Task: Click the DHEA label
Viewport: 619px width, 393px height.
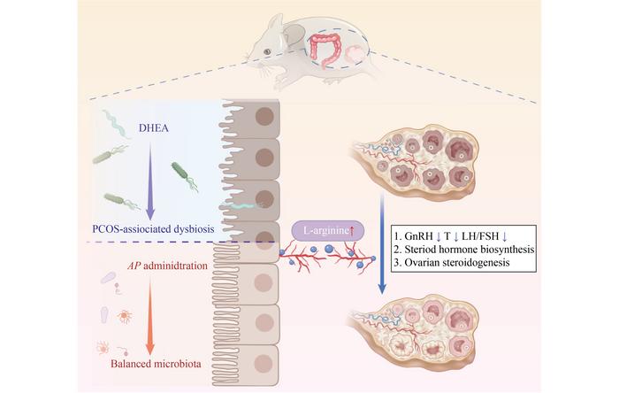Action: pyautogui.click(x=154, y=128)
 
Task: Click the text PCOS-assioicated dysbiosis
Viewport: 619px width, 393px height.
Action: pyautogui.click(x=153, y=228)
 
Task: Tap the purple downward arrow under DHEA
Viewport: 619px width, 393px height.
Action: pyautogui.click(x=150, y=181)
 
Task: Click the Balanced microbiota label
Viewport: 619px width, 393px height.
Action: pyautogui.click(x=156, y=364)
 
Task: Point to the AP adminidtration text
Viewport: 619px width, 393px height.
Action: pyautogui.click(x=167, y=266)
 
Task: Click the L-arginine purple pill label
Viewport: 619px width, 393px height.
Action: pyautogui.click(x=328, y=231)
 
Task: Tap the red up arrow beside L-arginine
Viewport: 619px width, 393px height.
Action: pyautogui.click(x=352, y=231)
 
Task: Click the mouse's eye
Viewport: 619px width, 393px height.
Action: pyautogui.click(x=267, y=51)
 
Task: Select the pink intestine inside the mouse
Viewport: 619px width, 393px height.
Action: pyautogui.click(x=325, y=50)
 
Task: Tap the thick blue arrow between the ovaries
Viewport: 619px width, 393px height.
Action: pyautogui.click(x=382, y=243)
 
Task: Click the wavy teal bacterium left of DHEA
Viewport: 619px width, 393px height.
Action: pyautogui.click(x=117, y=124)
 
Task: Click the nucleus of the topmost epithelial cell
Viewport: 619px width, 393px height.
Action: pyautogui.click(x=264, y=117)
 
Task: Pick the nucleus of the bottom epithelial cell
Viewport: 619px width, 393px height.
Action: pyautogui.click(x=264, y=364)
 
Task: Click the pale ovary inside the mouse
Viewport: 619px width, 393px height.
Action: pyautogui.click(x=355, y=55)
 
